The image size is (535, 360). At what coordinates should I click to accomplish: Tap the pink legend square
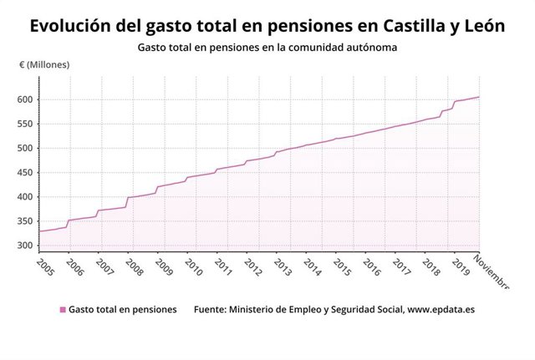(x=62, y=310)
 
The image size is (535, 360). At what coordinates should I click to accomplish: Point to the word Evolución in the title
(x=74, y=26)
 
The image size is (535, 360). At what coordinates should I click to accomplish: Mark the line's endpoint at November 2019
(x=479, y=97)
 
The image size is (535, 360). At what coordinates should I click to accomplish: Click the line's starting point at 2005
(x=39, y=231)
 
